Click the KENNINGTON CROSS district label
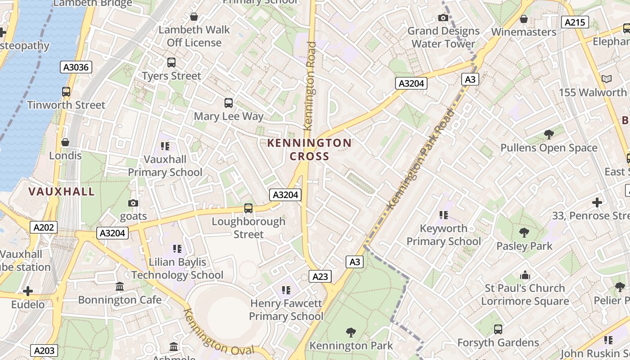[x=309, y=149]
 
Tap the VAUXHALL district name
[x=62, y=192]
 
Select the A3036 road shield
[x=76, y=67]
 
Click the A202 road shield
[x=44, y=227]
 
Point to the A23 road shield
[x=320, y=276]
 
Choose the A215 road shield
[x=575, y=22]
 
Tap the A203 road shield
[x=44, y=351]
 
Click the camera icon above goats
[x=133, y=203]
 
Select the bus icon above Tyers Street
[x=171, y=63]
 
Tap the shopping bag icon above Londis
[x=65, y=142]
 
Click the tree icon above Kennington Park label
[x=351, y=333]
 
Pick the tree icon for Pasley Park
[x=524, y=233]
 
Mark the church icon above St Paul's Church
[x=525, y=275]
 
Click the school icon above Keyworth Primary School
[x=444, y=215]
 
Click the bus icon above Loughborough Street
[x=248, y=208]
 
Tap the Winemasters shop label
[x=524, y=32]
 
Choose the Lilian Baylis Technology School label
[x=177, y=268]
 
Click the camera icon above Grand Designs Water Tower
[x=443, y=18]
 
